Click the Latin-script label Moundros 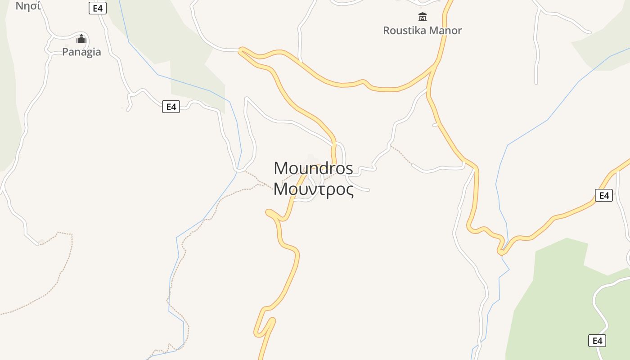click(x=313, y=168)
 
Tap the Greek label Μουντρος click(x=313, y=189)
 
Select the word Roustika click(x=404, y=31)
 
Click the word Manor click(x=445, y=31)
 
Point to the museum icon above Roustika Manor click(x=422, y=17)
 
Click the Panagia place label click(x=81, y=52)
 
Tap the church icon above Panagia click(x=81, y=39)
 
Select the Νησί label click(x=28, y=6)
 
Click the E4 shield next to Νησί click(x=97, y=8)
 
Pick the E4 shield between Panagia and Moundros click(x=171, y=107)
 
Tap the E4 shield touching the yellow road click(x=603, y=195)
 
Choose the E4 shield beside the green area click(x=597, y=341)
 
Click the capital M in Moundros click(x=280, y=168)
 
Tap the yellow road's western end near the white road click(x=241, y=49)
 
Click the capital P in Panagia click(x=65, y=52)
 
